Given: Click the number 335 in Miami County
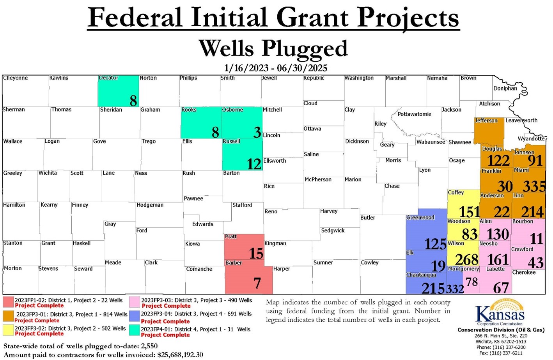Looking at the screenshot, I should point(534,186).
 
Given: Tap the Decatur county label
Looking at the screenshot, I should point(108,78).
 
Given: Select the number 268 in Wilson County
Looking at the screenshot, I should point(466,259).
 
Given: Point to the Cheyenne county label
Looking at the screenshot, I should point(15,78).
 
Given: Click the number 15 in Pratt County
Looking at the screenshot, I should point(256,254).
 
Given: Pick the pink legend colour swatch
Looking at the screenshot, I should point(135,302).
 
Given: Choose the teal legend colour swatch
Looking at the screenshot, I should point(135,330).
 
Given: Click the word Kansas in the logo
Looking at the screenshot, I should point(500,314).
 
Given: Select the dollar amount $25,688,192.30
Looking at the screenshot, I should point(180,355).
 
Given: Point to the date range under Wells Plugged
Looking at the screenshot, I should point(276,68).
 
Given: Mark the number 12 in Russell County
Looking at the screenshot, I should point(254,164).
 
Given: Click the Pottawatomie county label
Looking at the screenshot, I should point(414,114).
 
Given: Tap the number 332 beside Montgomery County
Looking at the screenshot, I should point(455,289).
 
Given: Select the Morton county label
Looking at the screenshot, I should point(12,269).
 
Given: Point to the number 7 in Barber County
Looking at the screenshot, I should point(257,284).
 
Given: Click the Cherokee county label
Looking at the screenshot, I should point(524,273).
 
